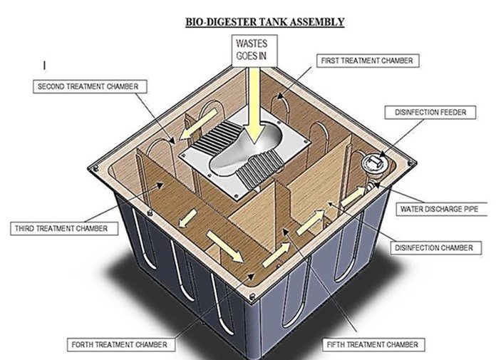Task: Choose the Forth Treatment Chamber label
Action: pyautogui.click(x=119, y=344)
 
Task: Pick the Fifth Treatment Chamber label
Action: pyautogui.click(x=371, y=344)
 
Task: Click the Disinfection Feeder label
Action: pyautogui.click(x=430, y=112)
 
